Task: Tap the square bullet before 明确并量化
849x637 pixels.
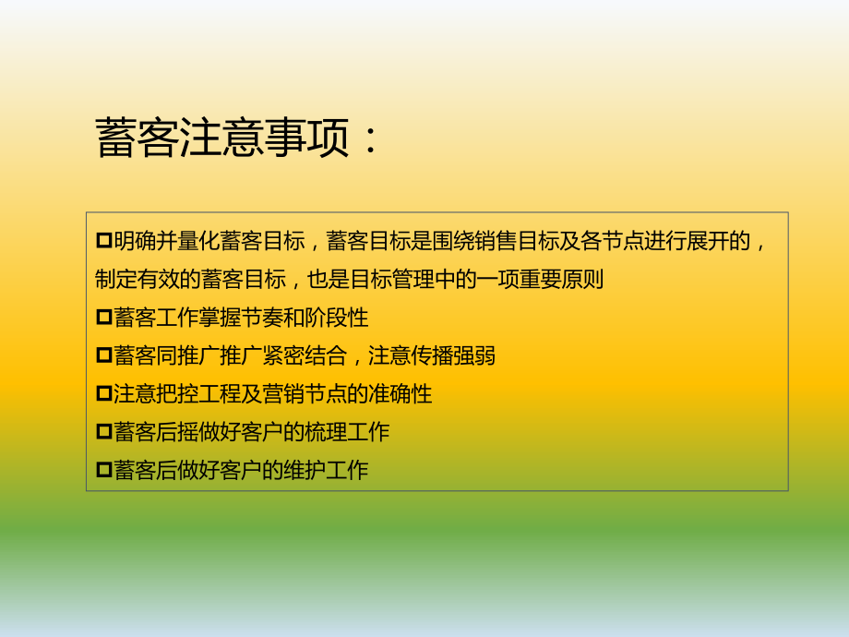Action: click(x=103, y=242)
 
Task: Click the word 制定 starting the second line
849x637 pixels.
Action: click(x=115, y=280)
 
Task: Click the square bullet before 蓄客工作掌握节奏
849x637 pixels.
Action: click(x=103, y=318)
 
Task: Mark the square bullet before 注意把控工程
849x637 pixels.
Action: click(x=103, y=394)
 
